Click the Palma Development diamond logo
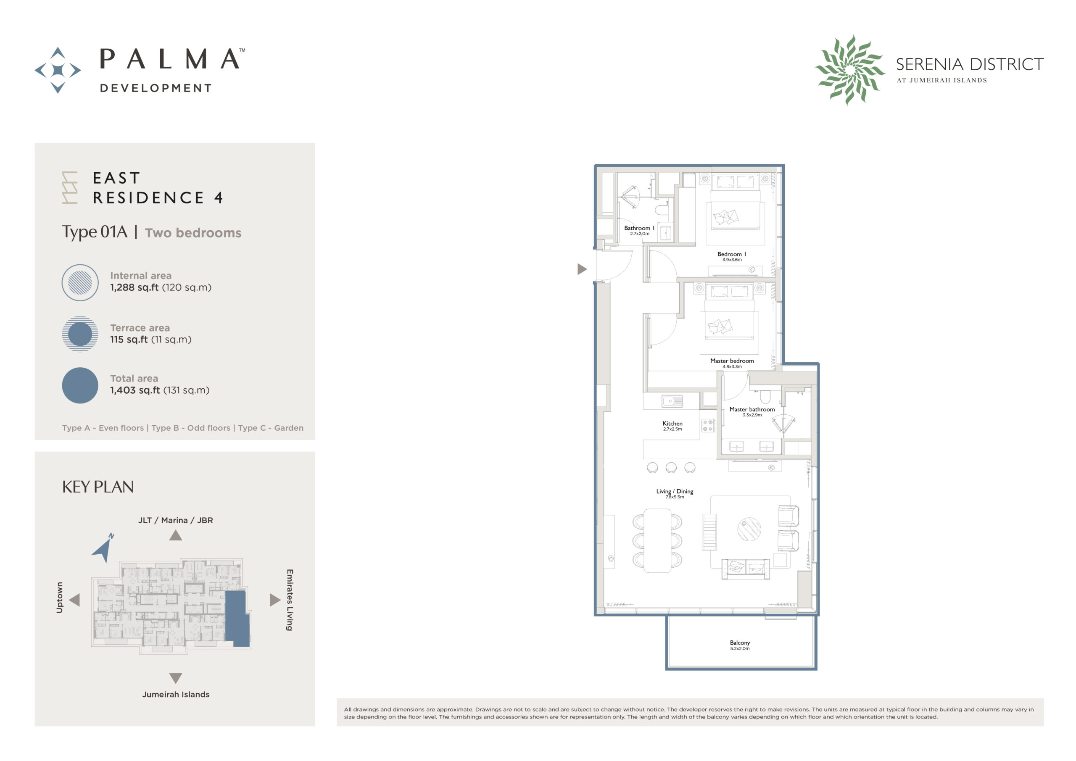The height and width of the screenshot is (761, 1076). pyautogui.click(x=58, y=70)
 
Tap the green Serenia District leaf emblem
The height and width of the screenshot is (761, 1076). pyautogui.click(x=849, y=70)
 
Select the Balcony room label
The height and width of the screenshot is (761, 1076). pyautogui.click(x=739, y=643)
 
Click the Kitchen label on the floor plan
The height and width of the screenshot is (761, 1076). pyautogui.click(x=672, y=423)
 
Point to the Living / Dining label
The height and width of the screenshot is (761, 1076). pyautogui.click(x=674, y=491)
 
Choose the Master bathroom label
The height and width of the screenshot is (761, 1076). pyautogui.click(x=752, y=409)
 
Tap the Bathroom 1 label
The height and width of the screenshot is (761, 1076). pyautogui.click(x=639, y=228)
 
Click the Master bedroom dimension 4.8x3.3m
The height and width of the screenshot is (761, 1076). pyautogui.click(x=731, y=366)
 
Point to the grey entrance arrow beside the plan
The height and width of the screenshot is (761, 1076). pyautogui.click(x=582, y=269)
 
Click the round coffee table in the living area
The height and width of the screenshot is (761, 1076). pyautogui.click(x=749, y=529)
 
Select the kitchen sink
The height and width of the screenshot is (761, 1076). pyautogui.click(x=672, y=401)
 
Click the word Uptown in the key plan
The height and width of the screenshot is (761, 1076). pyautogui.click(x=60, y=598)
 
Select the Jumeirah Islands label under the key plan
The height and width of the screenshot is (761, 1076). pyautogui.click(x=176, y=695)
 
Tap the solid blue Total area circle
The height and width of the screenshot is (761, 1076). pyautogui.click(x=80, y=385)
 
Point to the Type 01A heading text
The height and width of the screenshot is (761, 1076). pyautogui.click(x=95, y=232)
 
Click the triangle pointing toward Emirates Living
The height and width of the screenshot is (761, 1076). pyautogui.click(x=275, y=600)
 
